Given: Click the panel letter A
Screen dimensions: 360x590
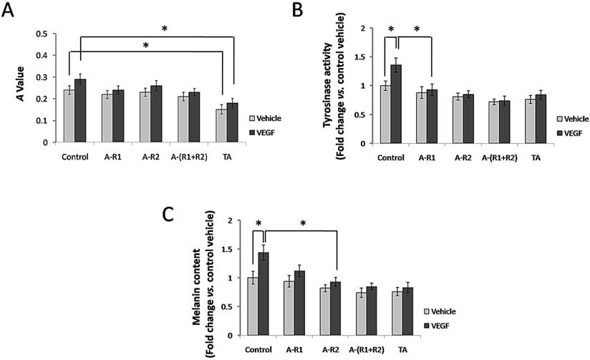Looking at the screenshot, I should click(x=11, y=12).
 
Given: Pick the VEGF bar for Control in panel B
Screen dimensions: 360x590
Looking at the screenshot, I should click(x=395, y=104).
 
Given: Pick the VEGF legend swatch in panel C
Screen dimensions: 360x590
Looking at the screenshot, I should click(x=428, y=325).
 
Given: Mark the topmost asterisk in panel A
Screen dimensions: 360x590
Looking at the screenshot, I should click(x=164, y=29).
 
